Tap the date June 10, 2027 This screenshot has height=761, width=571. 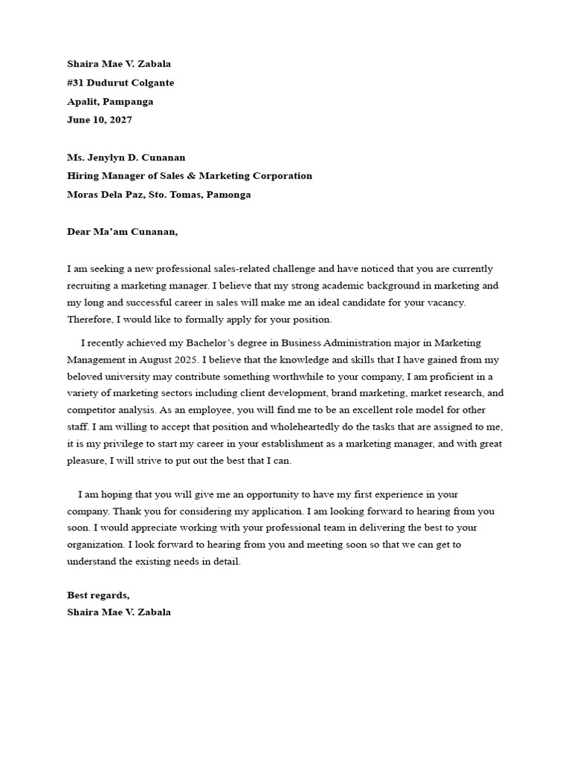click(x=99, y=120)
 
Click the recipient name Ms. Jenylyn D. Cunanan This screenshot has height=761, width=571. click(x=126, y=157)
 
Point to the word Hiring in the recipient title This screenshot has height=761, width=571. click(x=83, y=175)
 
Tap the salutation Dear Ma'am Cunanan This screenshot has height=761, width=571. click(x=123, y=231)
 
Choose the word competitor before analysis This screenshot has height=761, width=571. click(x=91, y=410)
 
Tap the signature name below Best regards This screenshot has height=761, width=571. click(x=119, y=612)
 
